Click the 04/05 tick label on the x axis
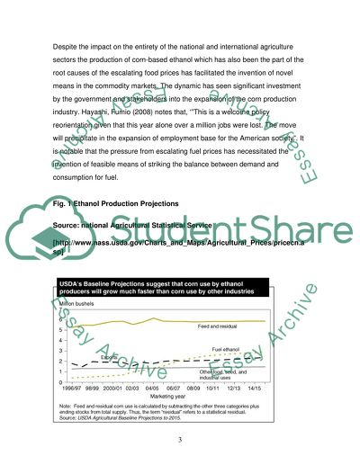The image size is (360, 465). [x=154, y=387]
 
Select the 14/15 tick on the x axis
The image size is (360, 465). [x=253, y=387]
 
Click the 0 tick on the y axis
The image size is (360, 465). [x=59, y=382]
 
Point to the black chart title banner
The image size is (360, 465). [x=162, y=288]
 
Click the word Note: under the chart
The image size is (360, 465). [x=66, y=407]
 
